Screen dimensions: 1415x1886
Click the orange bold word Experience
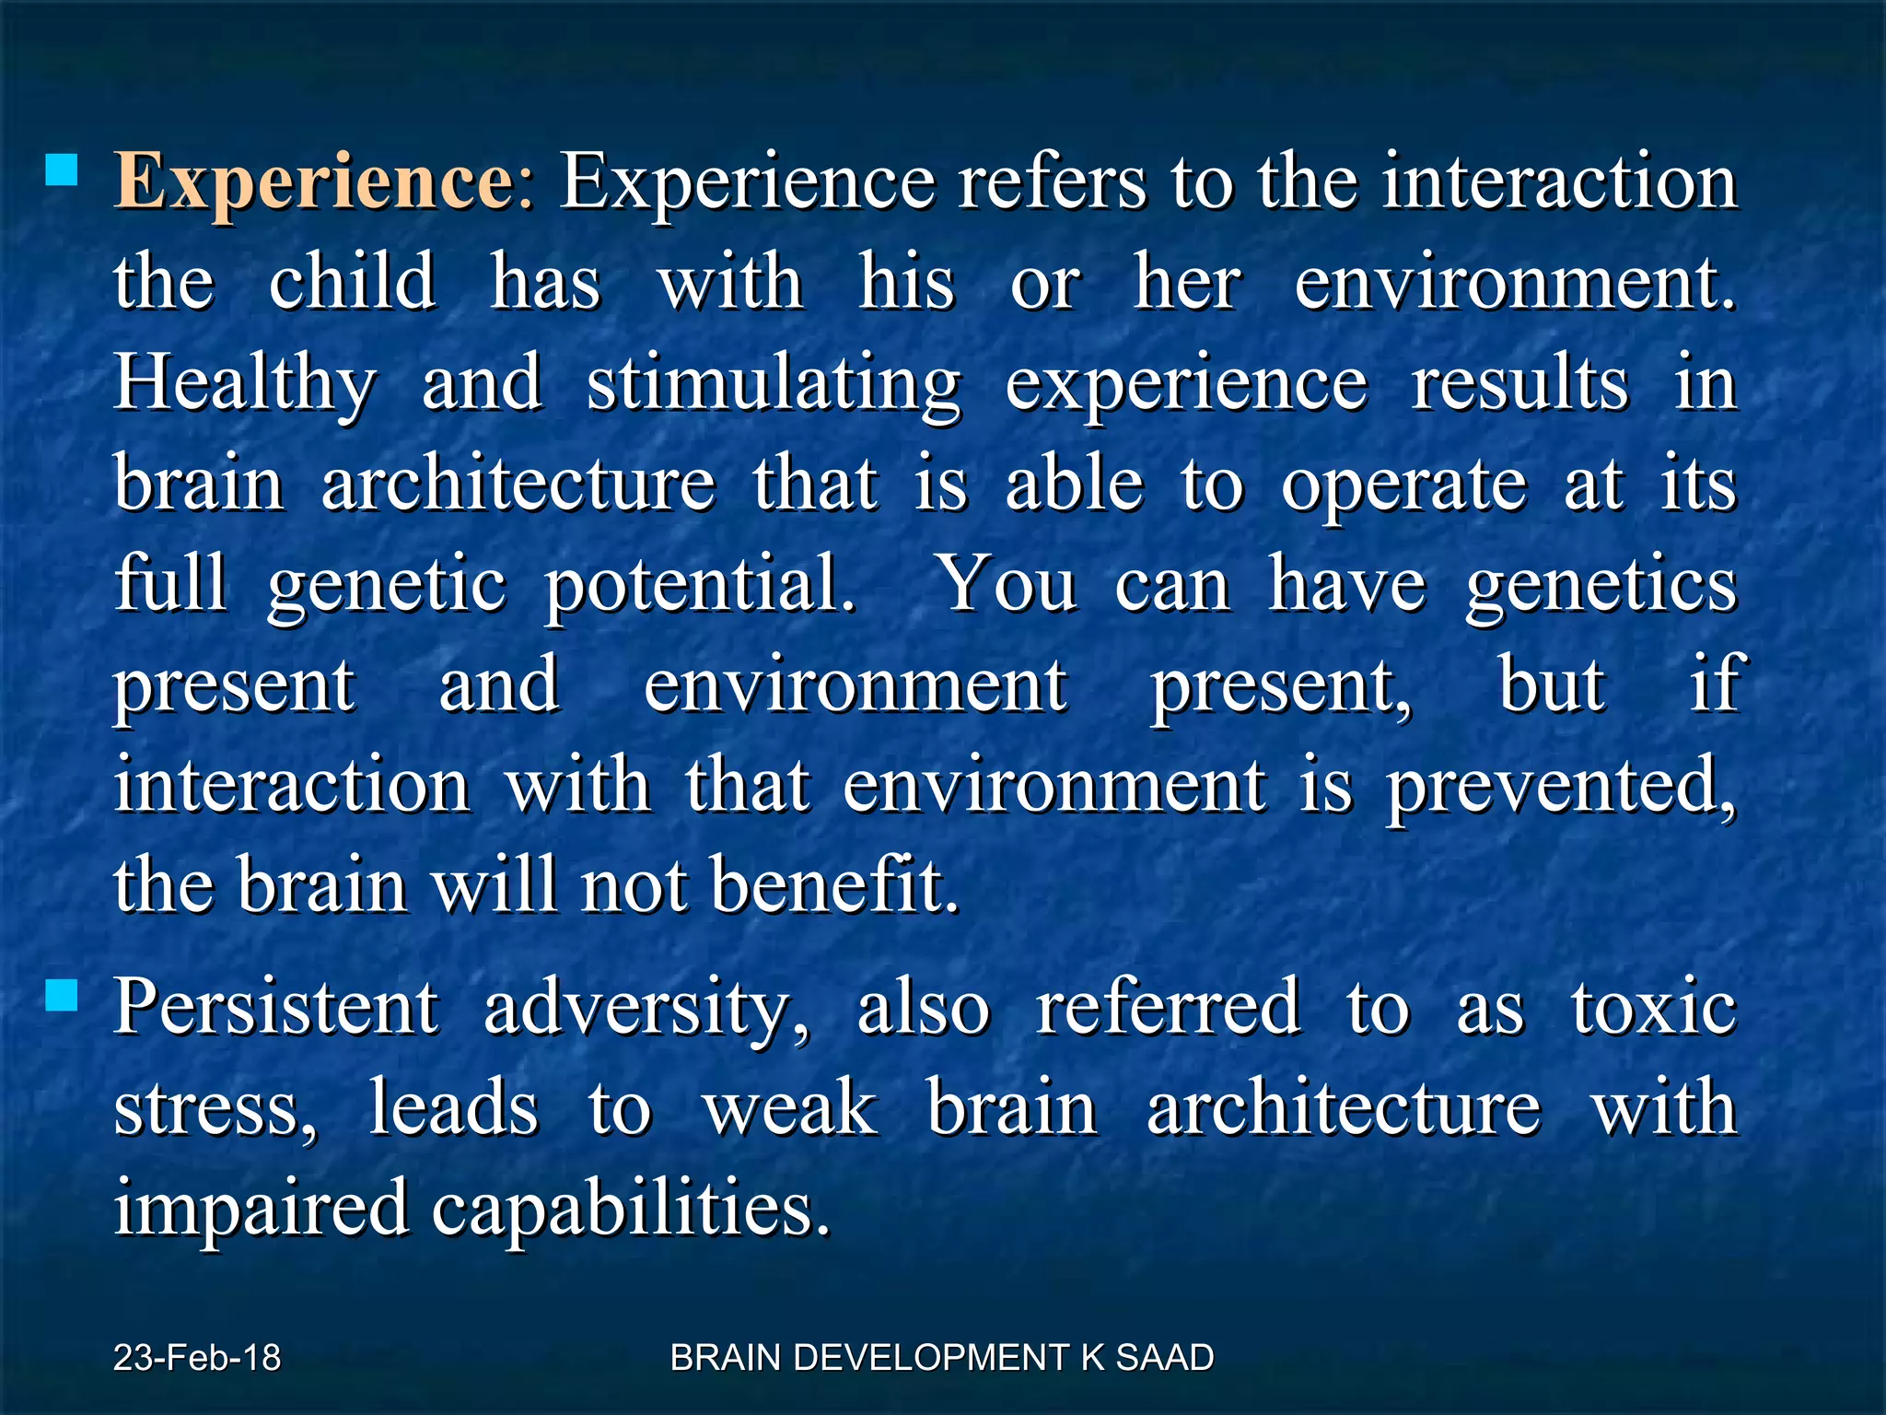pos(313,181)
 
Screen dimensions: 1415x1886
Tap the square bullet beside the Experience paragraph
pos(62,170)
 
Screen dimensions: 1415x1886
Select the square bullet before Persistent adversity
pos(62,995)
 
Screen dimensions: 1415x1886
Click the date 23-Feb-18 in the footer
pos(197,1358)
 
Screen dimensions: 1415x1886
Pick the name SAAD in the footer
pos(1164,1358)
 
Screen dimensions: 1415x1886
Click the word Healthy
pos(244,385)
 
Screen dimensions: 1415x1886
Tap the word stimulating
pos(774,385)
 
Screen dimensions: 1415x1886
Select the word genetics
pos(1601,586)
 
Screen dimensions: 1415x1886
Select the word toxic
pos(1654,1007)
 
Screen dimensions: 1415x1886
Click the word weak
pos(790,1107)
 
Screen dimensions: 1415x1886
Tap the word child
pos(352,281)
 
